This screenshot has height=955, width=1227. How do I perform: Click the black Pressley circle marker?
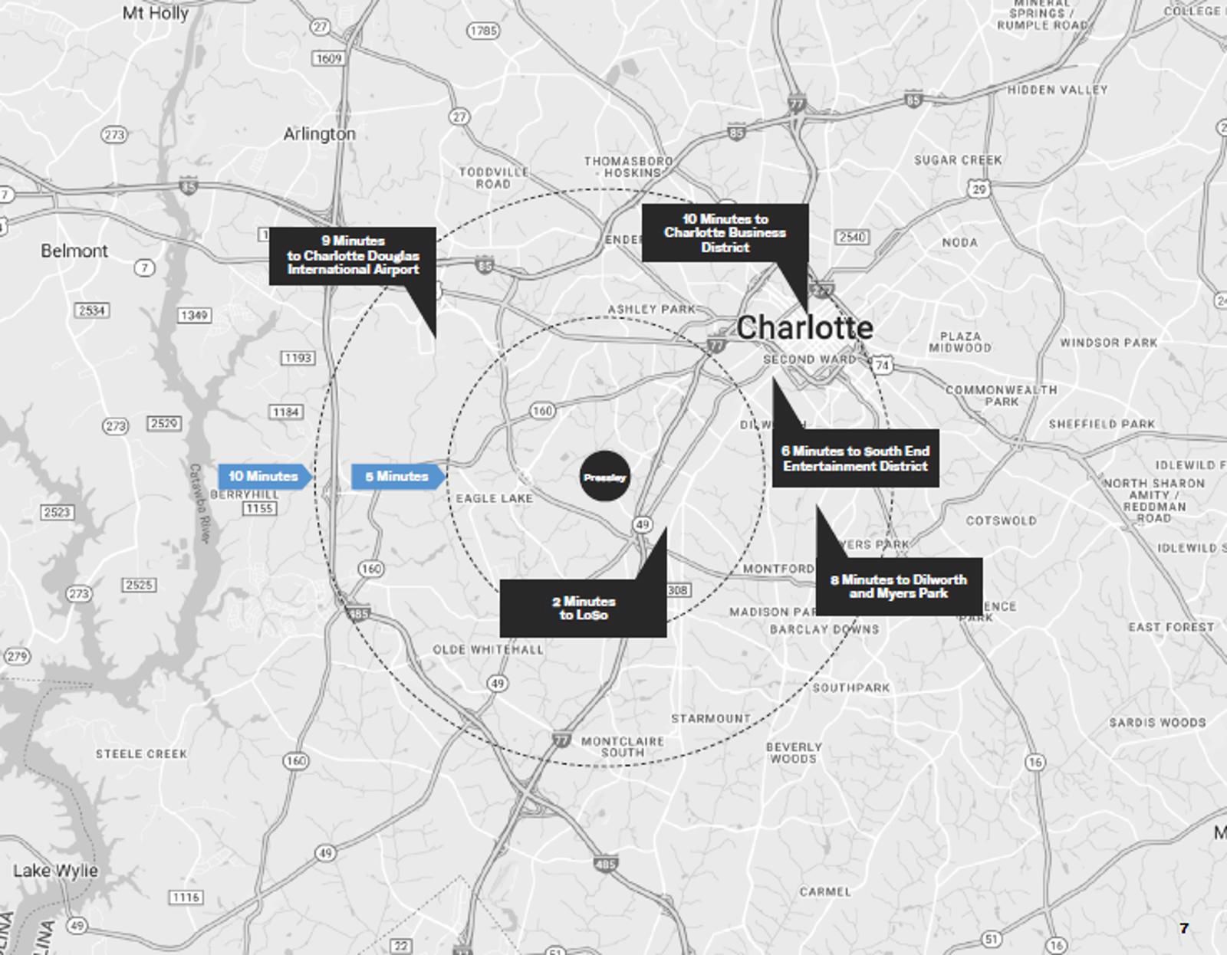[604, 477]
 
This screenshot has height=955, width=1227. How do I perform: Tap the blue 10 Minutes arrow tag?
[264, 476]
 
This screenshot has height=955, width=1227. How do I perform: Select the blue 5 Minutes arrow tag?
[396, 476]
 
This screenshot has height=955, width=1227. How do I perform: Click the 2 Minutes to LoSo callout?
[583, 608]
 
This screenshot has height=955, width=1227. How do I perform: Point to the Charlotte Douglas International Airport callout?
[352, 256]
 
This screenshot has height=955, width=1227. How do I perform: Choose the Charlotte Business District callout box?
[725, 233]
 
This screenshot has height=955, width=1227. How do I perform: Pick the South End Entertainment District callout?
[855, 458]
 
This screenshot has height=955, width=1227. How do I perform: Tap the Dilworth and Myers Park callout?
[898, 586]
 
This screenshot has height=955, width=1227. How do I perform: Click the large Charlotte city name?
[804, 328]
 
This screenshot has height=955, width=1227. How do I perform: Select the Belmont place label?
[74, 251]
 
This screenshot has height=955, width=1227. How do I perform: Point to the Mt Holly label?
[155, 13]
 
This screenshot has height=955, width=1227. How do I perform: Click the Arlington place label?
[319, 134]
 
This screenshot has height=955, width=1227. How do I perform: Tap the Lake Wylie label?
[55, 871]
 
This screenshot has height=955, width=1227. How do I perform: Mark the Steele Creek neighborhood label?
[141, 754]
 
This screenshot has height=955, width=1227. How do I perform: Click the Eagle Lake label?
[494, 498]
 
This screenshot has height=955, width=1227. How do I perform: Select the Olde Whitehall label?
[488, 649]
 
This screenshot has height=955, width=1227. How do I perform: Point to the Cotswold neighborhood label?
[1001, 520]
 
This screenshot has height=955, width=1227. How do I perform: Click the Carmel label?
[824, 891]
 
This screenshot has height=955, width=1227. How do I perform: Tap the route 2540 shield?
[852, 237]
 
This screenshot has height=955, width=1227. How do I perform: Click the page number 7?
[1183, 928]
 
